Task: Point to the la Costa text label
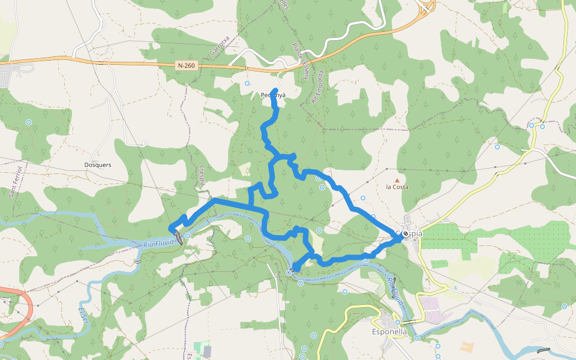[x=397, y=187]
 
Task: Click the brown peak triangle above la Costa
[x=396, y=179]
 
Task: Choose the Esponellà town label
[x=390, y=332]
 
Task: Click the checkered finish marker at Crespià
[x=406, y=233]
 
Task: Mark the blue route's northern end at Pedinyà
[x=275, y=91]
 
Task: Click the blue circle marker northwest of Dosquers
[x=28, y=122]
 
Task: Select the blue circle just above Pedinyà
[x=247, y=84]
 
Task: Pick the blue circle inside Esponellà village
[x=397, y=322]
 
